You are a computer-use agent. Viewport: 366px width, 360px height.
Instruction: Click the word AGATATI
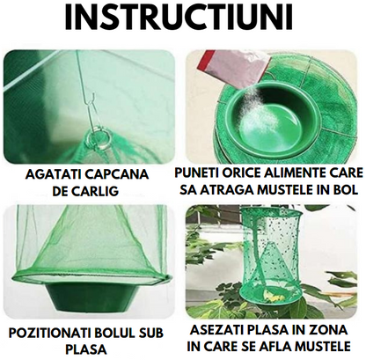pos(49,174)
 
